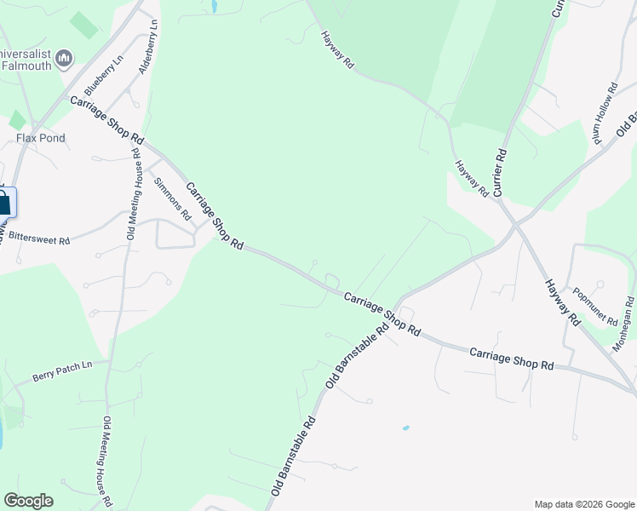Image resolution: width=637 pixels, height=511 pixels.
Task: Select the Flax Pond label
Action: point(41,138)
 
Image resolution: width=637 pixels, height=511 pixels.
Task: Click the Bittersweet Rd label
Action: point(39,241)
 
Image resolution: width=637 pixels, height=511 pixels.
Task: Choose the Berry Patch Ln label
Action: point(61,370)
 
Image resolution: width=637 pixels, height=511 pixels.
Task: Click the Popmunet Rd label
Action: point(596,307)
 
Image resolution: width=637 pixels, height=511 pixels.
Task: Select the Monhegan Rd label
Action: point(624,324)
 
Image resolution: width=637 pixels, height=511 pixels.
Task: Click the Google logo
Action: point(28,501)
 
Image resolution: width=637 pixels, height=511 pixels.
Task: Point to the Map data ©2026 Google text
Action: point(583,504)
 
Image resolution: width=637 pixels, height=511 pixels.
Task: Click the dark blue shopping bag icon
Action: point(3,203)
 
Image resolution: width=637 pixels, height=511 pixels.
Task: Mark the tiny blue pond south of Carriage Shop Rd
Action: point(405,428)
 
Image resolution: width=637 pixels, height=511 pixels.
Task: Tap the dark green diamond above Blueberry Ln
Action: point(83,25)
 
